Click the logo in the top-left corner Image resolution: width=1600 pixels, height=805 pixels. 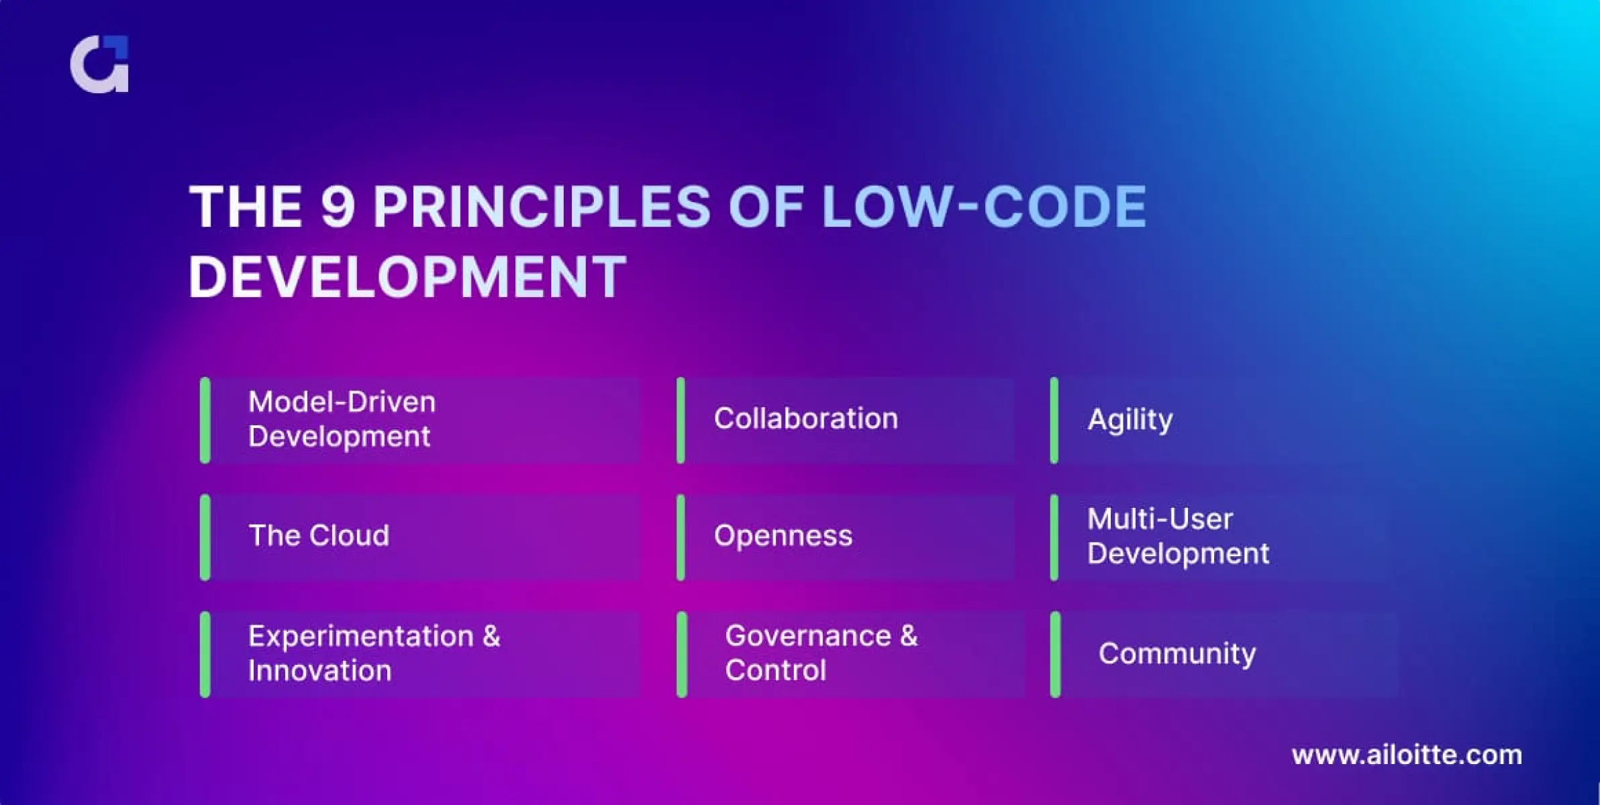click(99, 64)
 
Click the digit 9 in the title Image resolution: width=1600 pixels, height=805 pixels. click(338, 207)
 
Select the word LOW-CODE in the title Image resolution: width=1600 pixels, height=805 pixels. click(985, 207)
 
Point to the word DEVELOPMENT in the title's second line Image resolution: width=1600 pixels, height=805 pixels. click(407, 277)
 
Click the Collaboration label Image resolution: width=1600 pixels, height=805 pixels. click(806, 419)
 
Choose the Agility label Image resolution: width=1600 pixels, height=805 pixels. click(1130, 421)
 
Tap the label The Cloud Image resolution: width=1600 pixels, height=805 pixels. click(319, 535)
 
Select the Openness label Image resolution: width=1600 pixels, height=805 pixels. click(783, 536)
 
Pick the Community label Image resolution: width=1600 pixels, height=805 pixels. click(1177, 653)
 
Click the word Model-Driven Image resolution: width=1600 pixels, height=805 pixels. click(342, 402)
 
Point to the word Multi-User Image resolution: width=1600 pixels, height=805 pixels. click(1160, 519)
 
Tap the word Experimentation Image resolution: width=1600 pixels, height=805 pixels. click(361, 636)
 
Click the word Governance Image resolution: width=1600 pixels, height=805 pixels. click(808, 636)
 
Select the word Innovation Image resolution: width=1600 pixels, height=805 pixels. click(319, 671)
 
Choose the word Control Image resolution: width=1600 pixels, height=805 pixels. click(776, 670)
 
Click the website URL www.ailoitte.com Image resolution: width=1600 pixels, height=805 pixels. click(1407, 755)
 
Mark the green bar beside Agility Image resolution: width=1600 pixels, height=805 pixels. click(1054, 421)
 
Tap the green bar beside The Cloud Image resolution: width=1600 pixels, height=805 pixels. click(205, 537)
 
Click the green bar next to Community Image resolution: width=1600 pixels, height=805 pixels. click(1055, 655)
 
